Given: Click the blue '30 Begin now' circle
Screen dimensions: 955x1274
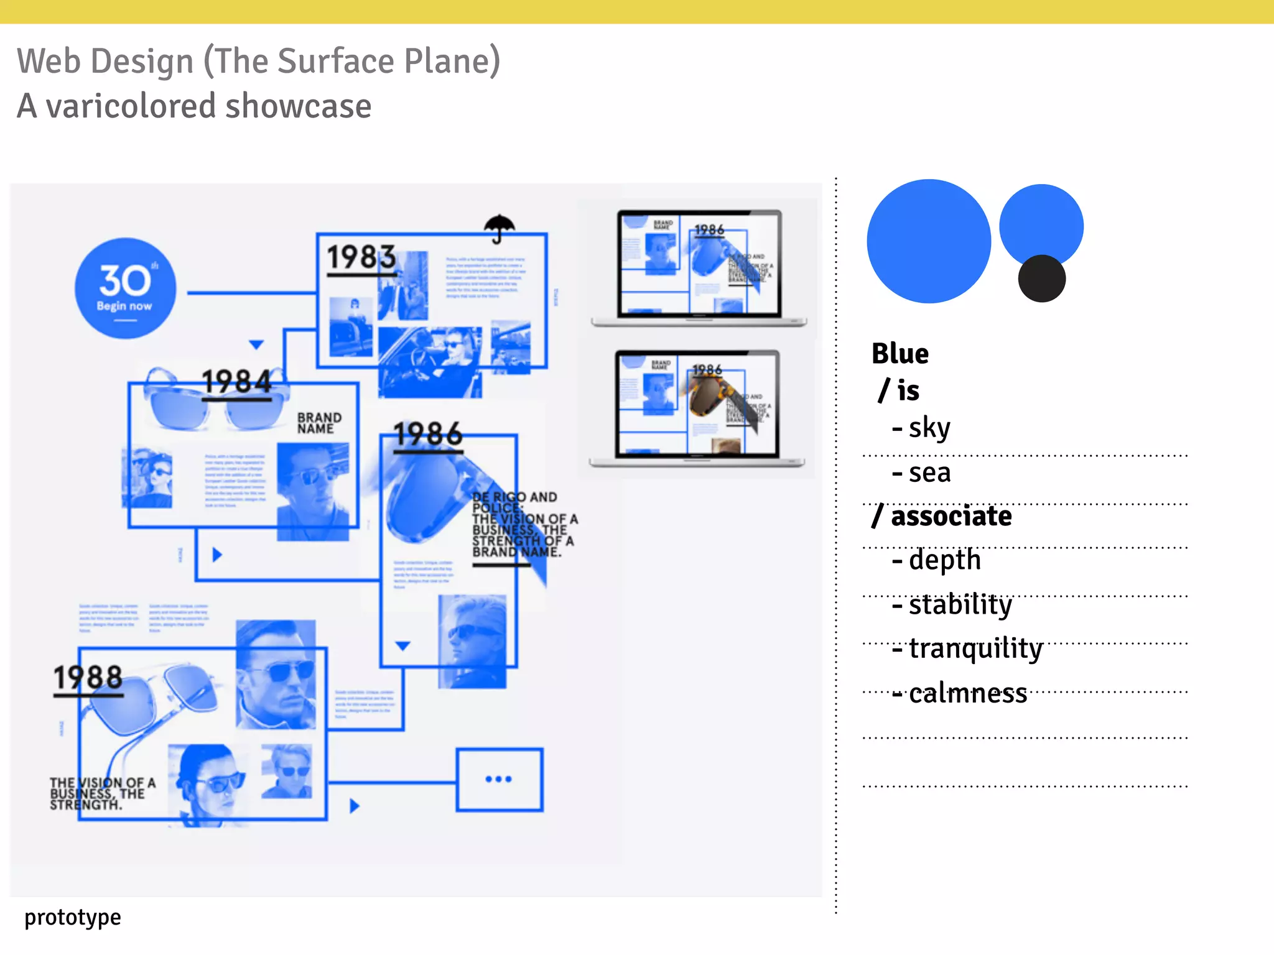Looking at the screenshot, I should point(126,288).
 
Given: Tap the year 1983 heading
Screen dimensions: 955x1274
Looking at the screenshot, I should point(361,257).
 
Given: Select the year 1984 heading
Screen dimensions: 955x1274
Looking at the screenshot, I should point(237,382).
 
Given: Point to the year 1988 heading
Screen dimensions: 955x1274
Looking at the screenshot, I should point(88,677).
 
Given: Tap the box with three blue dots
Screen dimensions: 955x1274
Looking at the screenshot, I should point(500,780).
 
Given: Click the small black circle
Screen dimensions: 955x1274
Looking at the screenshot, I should point(1041,279).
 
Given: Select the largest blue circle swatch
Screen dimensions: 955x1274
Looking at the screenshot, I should point(929,241).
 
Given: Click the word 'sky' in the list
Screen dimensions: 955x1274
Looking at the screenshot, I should point(929,428).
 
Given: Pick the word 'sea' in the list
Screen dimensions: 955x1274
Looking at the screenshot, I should point(929,473).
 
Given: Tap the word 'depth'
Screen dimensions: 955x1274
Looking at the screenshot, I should point(944,560).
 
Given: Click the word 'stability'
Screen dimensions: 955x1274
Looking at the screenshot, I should point(960,605).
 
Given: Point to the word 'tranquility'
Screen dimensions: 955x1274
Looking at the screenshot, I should point(975,649).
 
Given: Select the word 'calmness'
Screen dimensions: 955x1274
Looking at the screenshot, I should point(967,694).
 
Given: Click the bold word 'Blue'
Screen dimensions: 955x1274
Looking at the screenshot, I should point(900,354).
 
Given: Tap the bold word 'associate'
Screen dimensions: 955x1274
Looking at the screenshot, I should point(951,516).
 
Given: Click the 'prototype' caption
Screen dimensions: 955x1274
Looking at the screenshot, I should point(73,917).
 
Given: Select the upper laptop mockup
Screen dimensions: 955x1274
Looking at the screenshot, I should point(699,267).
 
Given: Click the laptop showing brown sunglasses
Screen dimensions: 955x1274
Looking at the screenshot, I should point(697,407).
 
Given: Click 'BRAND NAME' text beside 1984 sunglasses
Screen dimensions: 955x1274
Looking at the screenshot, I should point(319,423).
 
